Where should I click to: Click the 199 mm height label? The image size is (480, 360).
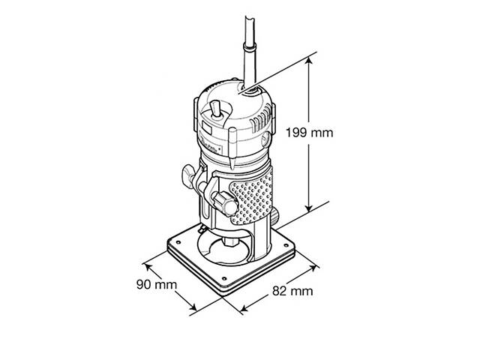pos(309,132)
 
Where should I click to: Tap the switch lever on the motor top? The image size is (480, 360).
pos(217,108)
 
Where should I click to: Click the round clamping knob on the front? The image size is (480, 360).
pos(223,200)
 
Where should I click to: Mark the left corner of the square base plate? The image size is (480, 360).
pos(166,243)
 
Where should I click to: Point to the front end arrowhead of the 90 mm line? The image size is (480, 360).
pos(195,310)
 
